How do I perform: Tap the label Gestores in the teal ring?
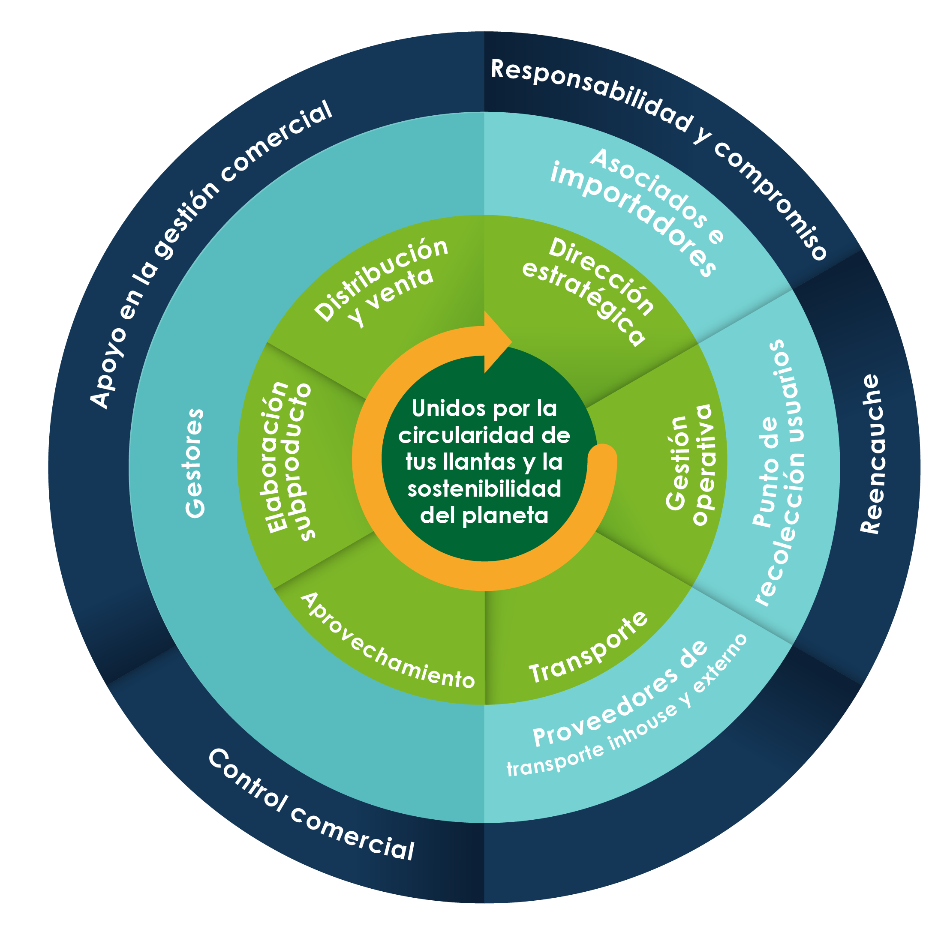[x=195, y=463]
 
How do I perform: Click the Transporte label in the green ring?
[x=588, y=648]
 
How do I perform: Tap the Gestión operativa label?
[x=689, y=464]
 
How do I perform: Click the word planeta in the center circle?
[x=505, y=516]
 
